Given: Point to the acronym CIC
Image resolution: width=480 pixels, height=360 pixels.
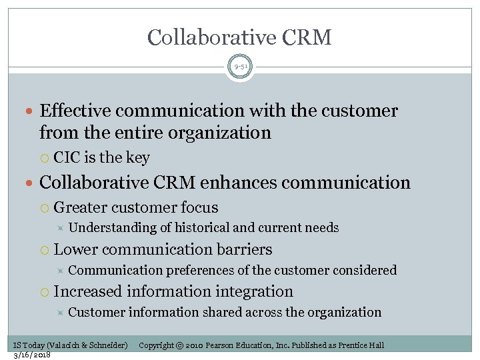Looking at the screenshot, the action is [x=67, y=158].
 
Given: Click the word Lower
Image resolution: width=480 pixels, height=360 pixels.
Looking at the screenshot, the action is [x=75, y=249].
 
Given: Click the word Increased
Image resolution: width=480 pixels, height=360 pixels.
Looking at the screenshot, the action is [x=88, y=291].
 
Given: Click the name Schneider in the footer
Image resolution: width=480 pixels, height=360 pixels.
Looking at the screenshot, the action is [x=105, y=345].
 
